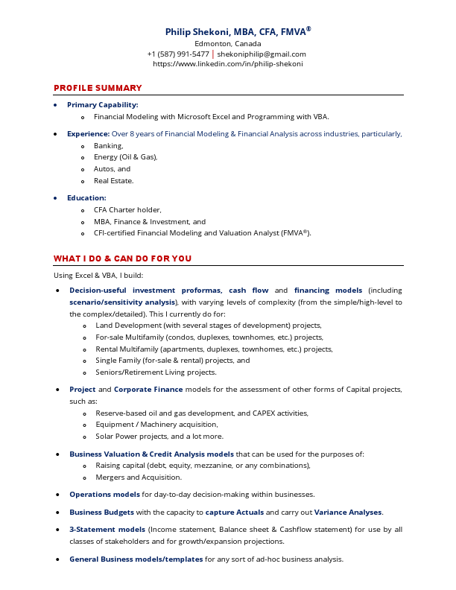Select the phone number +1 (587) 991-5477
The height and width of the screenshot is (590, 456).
coord(178,54)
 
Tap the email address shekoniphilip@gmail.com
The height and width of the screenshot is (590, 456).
coord(262,54)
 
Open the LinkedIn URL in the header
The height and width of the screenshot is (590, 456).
coord(228,64)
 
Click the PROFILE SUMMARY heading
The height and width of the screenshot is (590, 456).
coord(98,88)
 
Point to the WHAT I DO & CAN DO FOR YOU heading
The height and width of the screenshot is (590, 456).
coord(122,258)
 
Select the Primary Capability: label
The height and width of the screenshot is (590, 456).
coord(102,105)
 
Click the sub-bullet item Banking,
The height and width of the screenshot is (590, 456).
coord(109,146)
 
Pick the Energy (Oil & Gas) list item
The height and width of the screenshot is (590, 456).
coord(125,157)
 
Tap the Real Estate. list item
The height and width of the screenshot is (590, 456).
coord(114,180)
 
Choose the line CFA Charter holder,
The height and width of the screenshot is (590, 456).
coord(127,210)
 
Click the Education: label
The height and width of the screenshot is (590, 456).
coord(86,198)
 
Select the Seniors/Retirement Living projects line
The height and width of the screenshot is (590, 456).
coord(156,372)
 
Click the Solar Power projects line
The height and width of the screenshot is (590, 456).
coord(159,436)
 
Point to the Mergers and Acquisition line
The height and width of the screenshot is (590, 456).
coord(139,477)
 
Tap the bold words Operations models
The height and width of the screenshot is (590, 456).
coord(104,494)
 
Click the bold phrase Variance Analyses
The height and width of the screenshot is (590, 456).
coord(348,512)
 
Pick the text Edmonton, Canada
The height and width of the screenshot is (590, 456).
coord(228,43)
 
